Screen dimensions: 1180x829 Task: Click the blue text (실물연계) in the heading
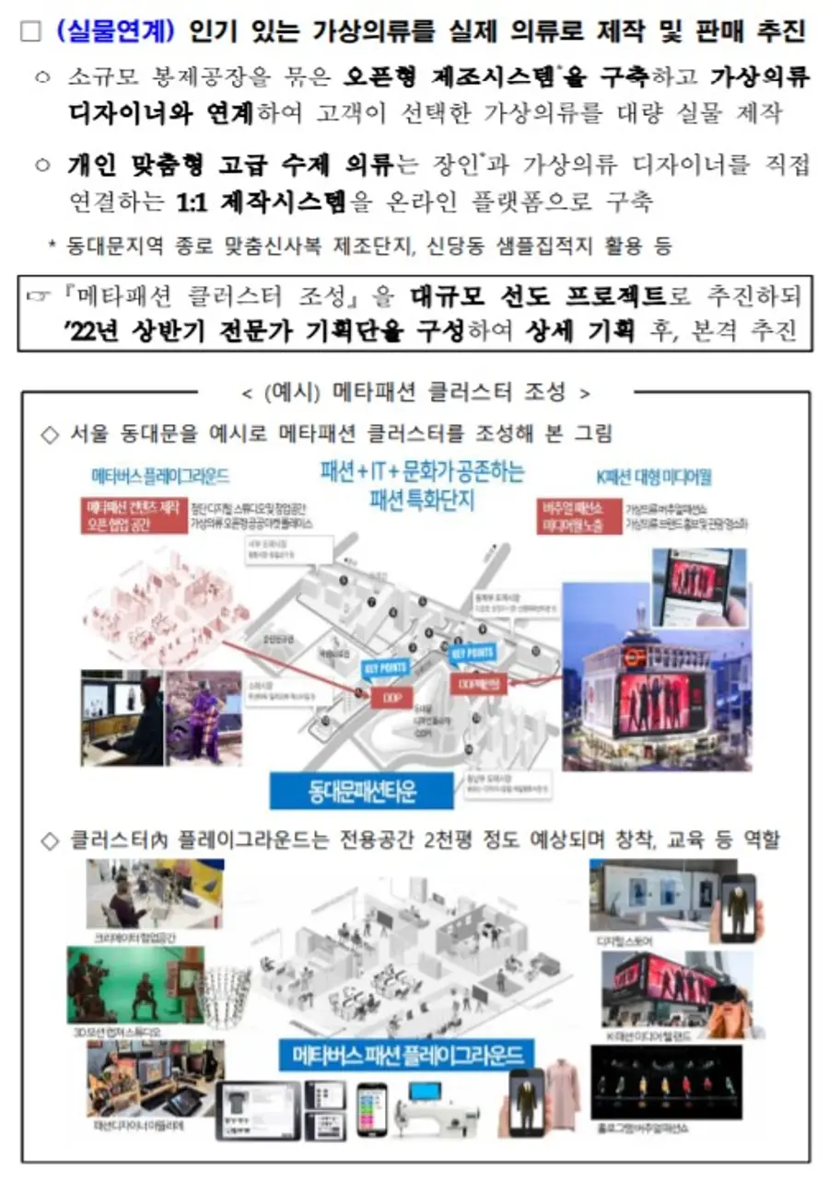pos(114,31)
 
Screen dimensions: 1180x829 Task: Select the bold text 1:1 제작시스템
pos(262,202)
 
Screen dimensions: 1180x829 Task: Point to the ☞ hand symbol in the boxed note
pos(39,297)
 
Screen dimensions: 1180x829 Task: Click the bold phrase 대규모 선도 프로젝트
pos(538,296)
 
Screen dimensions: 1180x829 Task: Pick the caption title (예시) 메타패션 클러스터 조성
pos(415,392)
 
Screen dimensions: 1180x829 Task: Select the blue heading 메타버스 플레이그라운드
pos(160,477)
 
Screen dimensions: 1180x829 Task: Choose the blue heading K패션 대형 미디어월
pos(653,477)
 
